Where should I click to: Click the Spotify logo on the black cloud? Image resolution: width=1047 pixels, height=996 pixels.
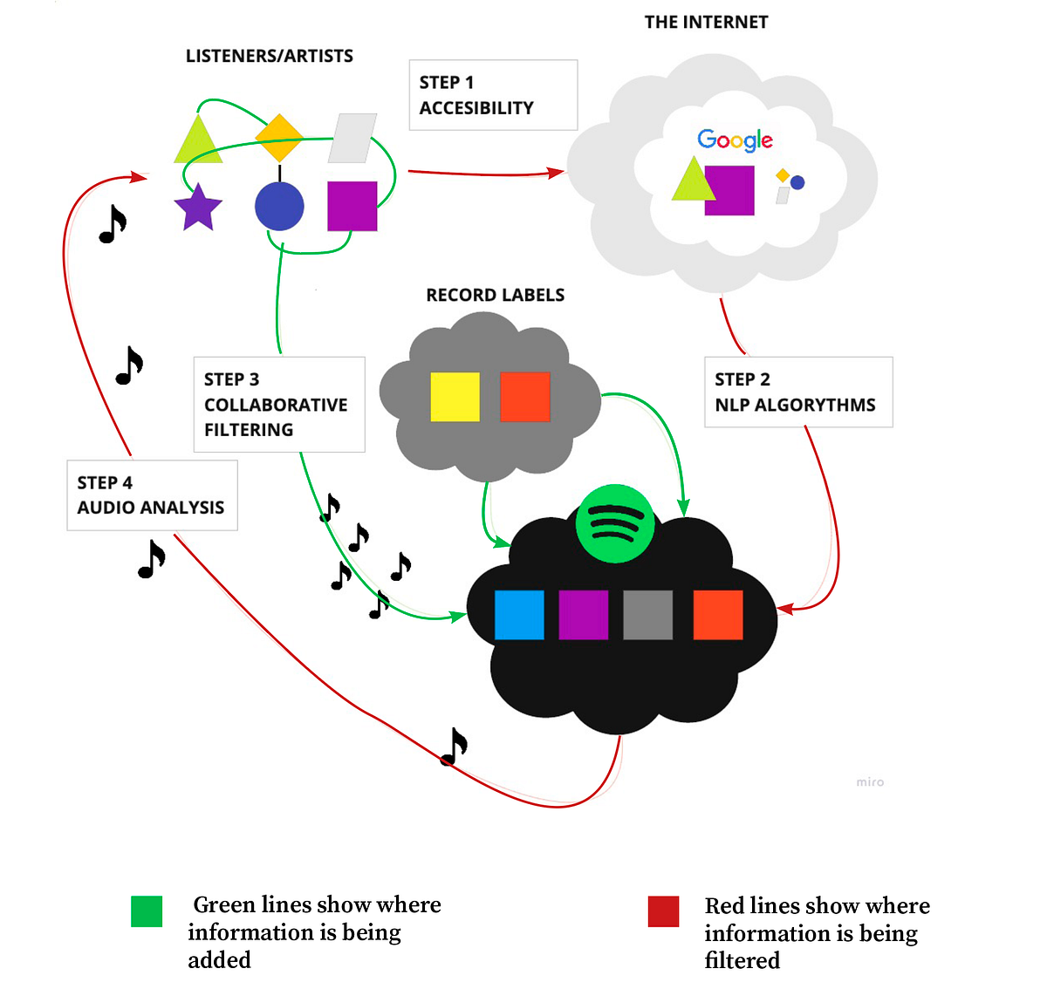tap(615, 524)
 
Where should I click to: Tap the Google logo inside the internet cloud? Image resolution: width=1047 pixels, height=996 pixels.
tap(735, 140)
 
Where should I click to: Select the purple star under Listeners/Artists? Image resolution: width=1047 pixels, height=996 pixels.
tap(198, 208)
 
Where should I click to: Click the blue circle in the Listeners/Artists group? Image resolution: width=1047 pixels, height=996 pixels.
tap(279, 207)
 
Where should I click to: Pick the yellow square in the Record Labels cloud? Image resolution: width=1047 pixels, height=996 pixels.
tap(455, 397)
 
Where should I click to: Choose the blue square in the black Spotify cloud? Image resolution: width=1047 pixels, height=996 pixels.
tap(519, 615)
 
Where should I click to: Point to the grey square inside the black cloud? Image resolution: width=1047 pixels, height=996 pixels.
tap(647, 615)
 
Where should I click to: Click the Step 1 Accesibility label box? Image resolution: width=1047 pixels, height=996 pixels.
tap(493, 95)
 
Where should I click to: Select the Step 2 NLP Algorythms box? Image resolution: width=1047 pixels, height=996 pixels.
tap(797, 392)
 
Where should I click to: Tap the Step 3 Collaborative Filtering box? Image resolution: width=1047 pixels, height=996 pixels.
tap(278, 404)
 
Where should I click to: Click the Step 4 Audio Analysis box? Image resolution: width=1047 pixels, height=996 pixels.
tap(152, 495)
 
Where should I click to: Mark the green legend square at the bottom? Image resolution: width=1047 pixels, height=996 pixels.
tap(147, 911)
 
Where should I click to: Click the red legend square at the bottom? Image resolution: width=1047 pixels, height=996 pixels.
tap(663, 911)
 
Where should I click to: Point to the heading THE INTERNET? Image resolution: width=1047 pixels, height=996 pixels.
tap(706, 23)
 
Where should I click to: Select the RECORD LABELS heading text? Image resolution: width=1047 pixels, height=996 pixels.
tap(495, 296)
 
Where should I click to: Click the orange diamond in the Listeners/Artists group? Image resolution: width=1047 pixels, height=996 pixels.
tap(279, 137)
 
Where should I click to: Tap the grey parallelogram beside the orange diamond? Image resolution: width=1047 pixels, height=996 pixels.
tap(352, 138)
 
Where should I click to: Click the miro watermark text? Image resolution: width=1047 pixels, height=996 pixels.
tap(870, 782)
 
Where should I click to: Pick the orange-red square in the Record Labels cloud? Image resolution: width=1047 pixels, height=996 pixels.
tap(524, 397)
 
